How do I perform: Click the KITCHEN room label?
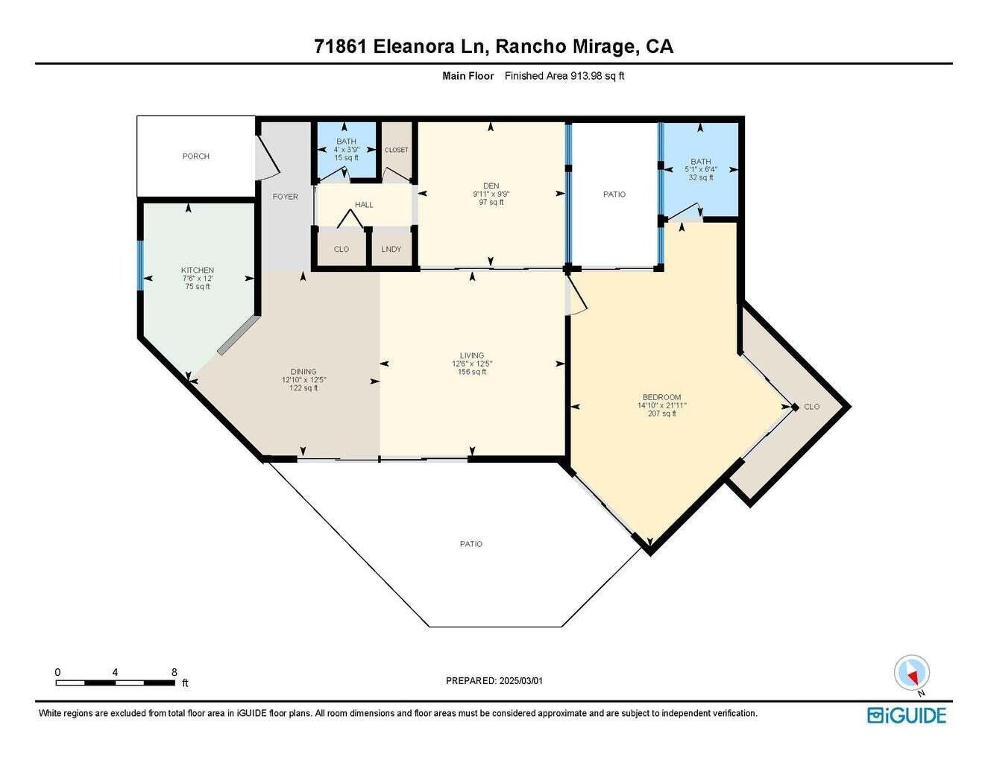pos(198,270)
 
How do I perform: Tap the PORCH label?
pos(196,156)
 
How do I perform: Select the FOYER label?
pos(285,197)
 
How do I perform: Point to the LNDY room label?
pos(391,249)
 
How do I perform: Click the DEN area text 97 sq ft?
pos(491,202)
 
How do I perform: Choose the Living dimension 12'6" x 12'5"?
pos(472,364)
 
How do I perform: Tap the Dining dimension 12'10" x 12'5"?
pos(303,380)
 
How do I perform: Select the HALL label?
pos(364,205)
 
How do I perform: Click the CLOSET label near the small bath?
pos(397,150)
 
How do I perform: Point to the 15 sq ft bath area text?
pos(346,158)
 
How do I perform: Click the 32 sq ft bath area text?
pos(701,177)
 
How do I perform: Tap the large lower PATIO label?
pos(471,544)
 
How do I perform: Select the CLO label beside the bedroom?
pos(812,407)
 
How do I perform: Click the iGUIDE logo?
pos(907,715)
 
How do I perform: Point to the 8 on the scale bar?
pos(174,671)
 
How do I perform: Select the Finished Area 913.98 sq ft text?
pos(564,75)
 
